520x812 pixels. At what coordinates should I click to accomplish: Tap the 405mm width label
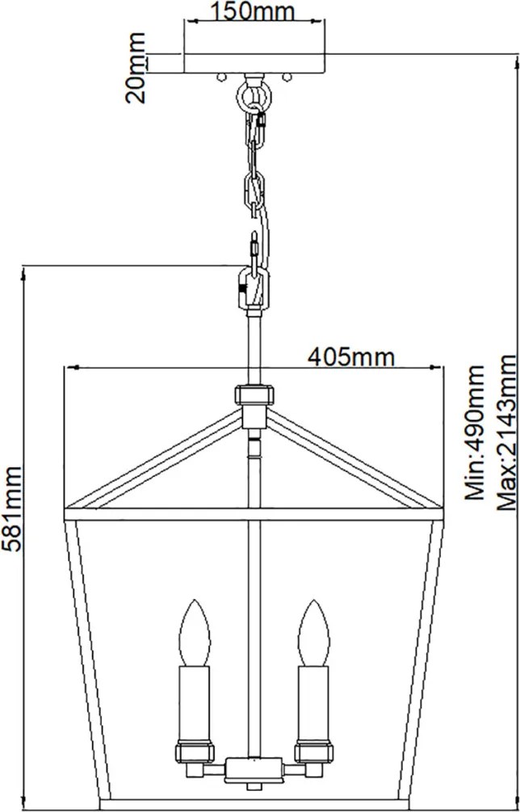351,357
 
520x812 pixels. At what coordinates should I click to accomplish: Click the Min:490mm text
475,433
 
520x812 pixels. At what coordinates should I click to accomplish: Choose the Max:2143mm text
506,433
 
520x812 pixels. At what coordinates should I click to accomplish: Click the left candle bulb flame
194,632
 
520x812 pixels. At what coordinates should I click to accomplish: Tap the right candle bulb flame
313,632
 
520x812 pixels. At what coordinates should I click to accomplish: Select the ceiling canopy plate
254,63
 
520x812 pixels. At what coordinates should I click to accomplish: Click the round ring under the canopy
251,94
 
